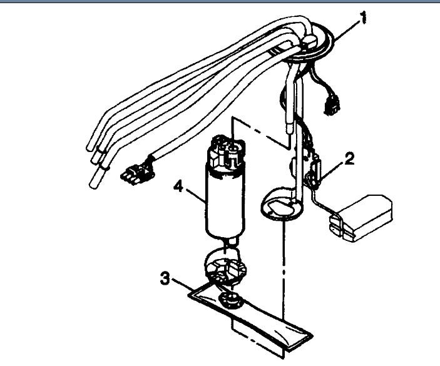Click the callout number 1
pyautogui.click(x=362, y=19)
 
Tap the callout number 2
pyautogui.click(x=349, y=158)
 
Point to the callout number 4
pyautogui.click(x=180, y=186)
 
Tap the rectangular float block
pyautogui.click(x=362, y=216)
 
